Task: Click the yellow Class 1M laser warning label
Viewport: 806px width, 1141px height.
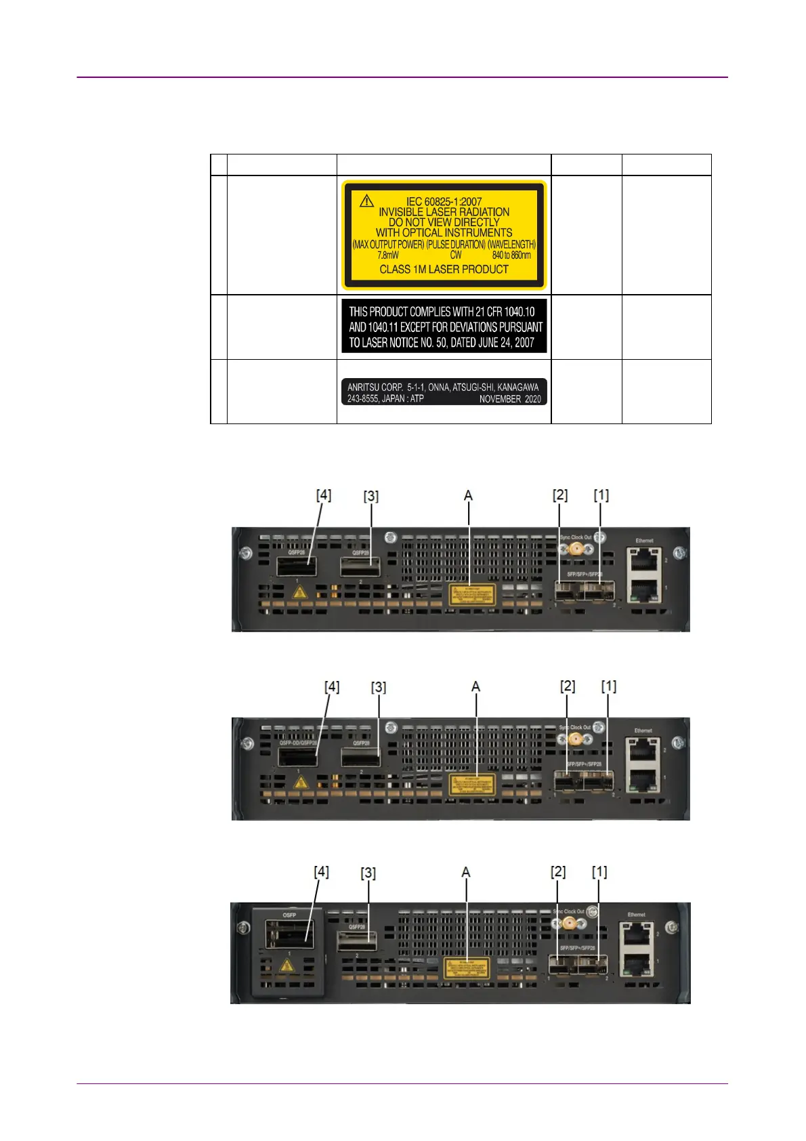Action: point(444,235)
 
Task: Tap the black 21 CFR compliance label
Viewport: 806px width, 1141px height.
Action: point(444,327)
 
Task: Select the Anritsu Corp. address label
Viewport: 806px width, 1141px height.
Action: point(444,392)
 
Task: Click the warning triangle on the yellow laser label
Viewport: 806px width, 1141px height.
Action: point(366,201)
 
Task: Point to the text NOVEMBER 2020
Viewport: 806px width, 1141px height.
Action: point(510,399)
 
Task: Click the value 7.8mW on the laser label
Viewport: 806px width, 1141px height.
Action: point(388,255)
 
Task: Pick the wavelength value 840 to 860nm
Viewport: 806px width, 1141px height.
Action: point(511,255)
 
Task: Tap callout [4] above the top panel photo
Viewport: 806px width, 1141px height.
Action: point(324,495)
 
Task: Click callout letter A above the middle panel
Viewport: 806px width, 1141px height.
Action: point(475,686)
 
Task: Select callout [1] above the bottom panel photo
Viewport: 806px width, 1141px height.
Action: point(599,871)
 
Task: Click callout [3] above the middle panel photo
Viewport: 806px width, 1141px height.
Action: point(378,687)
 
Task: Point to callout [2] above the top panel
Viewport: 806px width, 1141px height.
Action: point(559,495)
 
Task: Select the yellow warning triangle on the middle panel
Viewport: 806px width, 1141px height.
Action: point(301,783)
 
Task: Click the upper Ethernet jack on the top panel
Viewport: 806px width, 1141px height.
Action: point(644,560)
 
